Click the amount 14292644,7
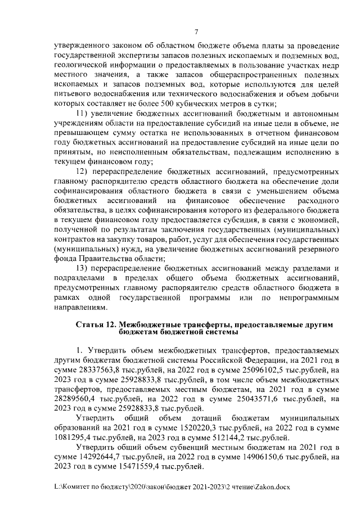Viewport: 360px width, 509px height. tap(101, 456)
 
